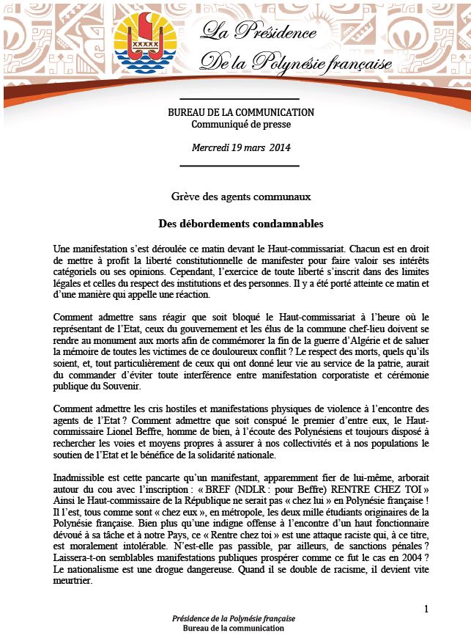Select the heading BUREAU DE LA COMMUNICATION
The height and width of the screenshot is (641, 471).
[240, 113]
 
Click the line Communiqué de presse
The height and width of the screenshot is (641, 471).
[240, 125]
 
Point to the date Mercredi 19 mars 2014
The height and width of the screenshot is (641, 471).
[241, 147]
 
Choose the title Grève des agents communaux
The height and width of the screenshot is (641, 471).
[240, 197]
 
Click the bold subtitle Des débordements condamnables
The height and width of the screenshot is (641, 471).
[240, 222]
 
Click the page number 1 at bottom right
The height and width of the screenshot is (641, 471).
[426, 610]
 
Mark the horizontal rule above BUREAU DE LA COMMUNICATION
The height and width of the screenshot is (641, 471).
[240, 99]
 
